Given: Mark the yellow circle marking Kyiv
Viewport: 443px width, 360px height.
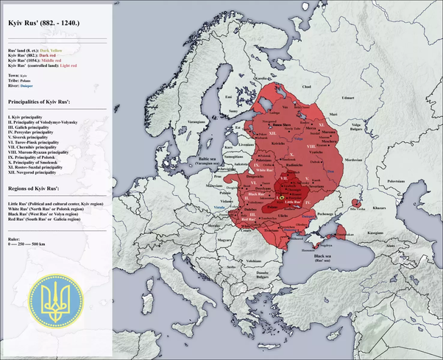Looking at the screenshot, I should coord(281,197).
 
